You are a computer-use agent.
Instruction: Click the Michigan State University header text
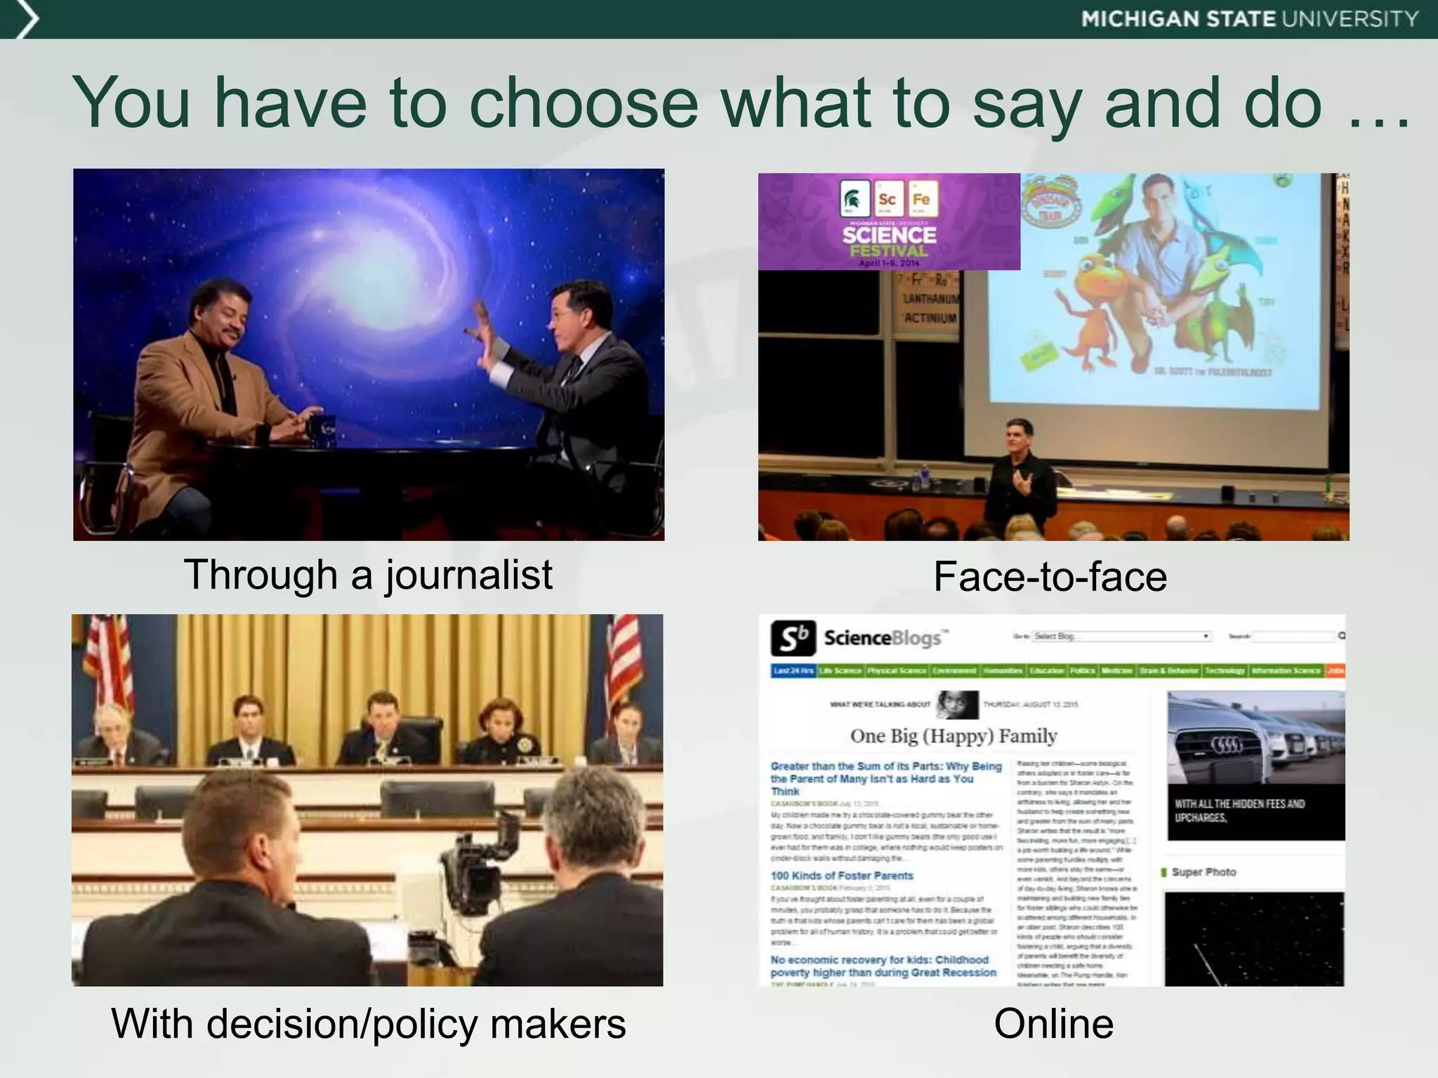pos(1250,19)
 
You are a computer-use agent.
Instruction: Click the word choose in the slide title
pos(583,103)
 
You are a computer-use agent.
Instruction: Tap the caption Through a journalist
pos(368,575)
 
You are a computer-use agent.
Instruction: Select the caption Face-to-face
pos(1050,577)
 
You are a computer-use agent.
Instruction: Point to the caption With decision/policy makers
pos(368,1023)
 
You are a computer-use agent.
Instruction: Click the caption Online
pos(1053,1023)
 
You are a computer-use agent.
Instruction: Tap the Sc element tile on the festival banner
pos(887,199)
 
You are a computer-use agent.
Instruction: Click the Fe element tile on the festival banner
pos(921,199)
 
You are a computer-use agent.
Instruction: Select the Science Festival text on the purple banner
pos(889,241)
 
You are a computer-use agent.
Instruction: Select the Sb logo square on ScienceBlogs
pos(793,638)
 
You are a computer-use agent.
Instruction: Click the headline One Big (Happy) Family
pos(953,736)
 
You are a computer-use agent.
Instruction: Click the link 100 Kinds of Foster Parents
pos(841,875)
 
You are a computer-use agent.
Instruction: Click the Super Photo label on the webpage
pos(1203,872)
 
